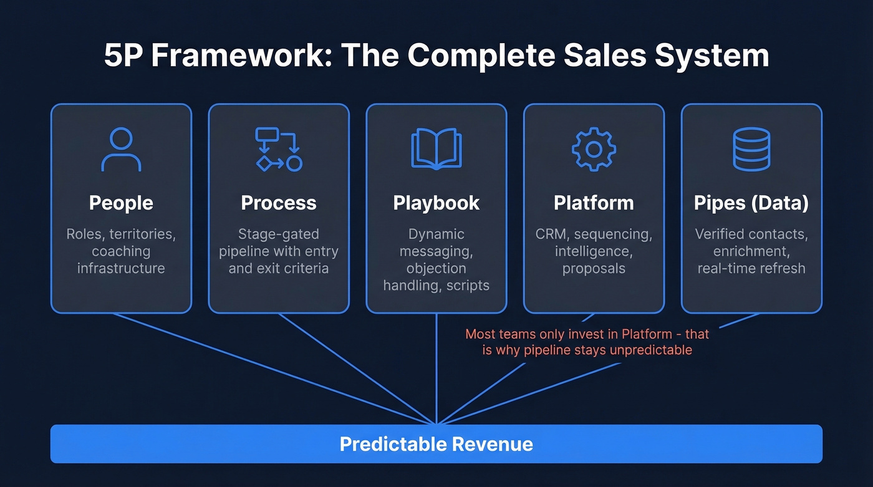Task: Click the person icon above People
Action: pos(121,149)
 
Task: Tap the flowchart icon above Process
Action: pos(279,149)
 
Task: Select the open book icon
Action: pos(436,149)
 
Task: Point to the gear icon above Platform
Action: pos(594,149)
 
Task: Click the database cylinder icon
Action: pos(751,149)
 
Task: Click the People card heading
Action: pos(121,203)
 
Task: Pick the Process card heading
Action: pos(279,203)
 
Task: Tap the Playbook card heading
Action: pos(436,203)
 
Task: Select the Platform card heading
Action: pos(594,203)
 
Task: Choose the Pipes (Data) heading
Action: pos(751,203)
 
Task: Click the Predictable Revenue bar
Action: pos(436,444)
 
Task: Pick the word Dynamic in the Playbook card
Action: pos(436,234)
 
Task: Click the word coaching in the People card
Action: pos(121,251)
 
